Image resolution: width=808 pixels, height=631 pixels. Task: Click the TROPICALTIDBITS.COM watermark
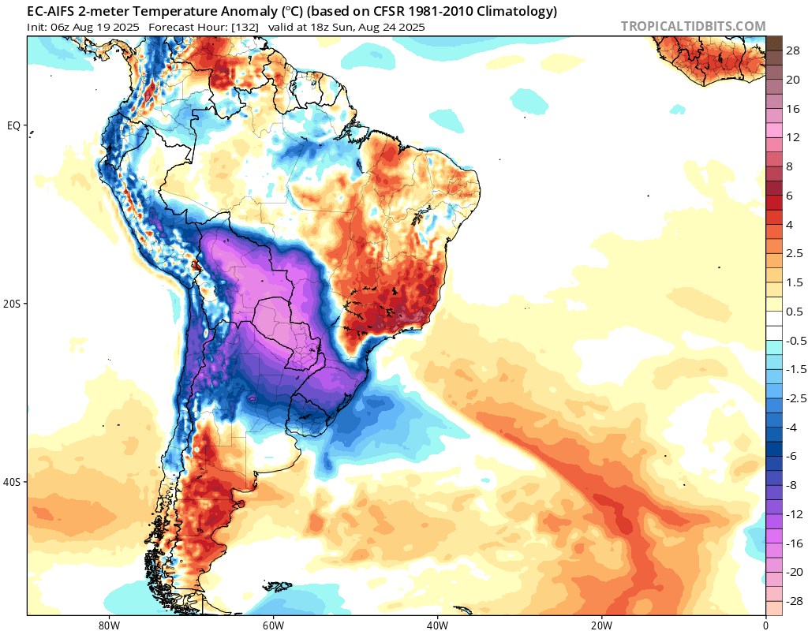click(x=693, y=26)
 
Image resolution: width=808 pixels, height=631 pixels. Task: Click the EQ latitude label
click(x=13, y=125)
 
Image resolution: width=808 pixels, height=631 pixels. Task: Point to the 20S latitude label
click(x=12, y=304)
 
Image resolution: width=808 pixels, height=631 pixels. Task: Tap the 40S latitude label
click(x=12, y=482)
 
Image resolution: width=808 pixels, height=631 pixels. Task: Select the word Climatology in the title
click(x=517, y=12)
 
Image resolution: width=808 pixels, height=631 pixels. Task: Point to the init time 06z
click(x=64, y=27)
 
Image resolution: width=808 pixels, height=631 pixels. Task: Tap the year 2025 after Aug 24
click(x=408, y=27)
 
